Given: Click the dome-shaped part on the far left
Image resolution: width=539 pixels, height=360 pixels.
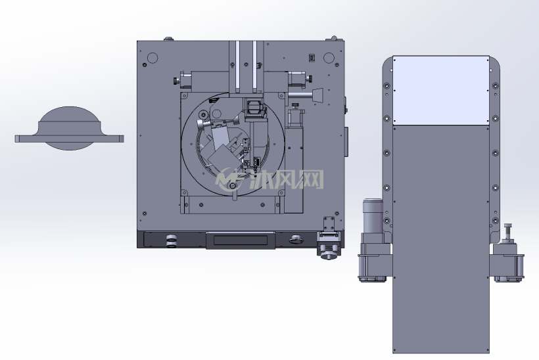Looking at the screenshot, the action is pos(69,128).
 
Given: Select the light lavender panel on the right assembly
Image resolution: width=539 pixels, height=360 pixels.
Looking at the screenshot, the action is pos(441,91).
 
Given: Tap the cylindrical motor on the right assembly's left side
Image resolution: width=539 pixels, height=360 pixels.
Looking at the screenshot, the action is pos(373,216).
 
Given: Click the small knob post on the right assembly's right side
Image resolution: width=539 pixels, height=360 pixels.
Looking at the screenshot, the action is pos(508,233).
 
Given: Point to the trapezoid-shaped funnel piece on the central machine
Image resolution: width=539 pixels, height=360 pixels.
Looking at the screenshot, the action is pos(317,95).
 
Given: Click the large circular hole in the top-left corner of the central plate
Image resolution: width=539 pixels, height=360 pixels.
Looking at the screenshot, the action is pos(152,58).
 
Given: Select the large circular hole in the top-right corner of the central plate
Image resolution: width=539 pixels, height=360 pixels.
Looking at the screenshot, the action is pos(329,58).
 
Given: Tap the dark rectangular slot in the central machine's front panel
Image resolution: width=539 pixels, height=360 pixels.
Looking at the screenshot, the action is pos(241,240).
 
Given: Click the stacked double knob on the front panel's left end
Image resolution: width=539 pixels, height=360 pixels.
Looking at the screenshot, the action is pos(171,241).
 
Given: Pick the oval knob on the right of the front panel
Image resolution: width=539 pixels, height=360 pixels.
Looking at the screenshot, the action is pos(296,239).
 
